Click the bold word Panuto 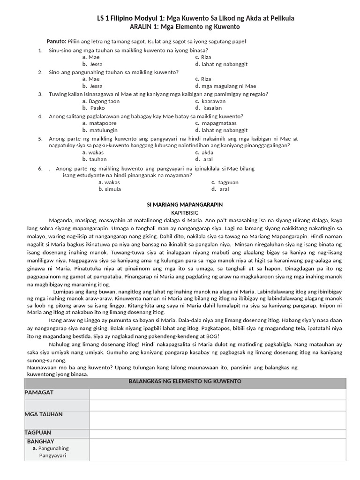pos(57,41)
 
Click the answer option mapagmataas pos(219,123)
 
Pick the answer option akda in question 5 pos(207,152)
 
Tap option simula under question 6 pos(113,189)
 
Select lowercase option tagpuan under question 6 pos(228,182)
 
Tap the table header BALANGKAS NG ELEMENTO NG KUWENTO pos(185,382)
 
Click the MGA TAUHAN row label pos(44,414)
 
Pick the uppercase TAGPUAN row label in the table pos(38,433)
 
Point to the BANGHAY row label pos(41,442)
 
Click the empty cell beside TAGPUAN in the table pos(217,434)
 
